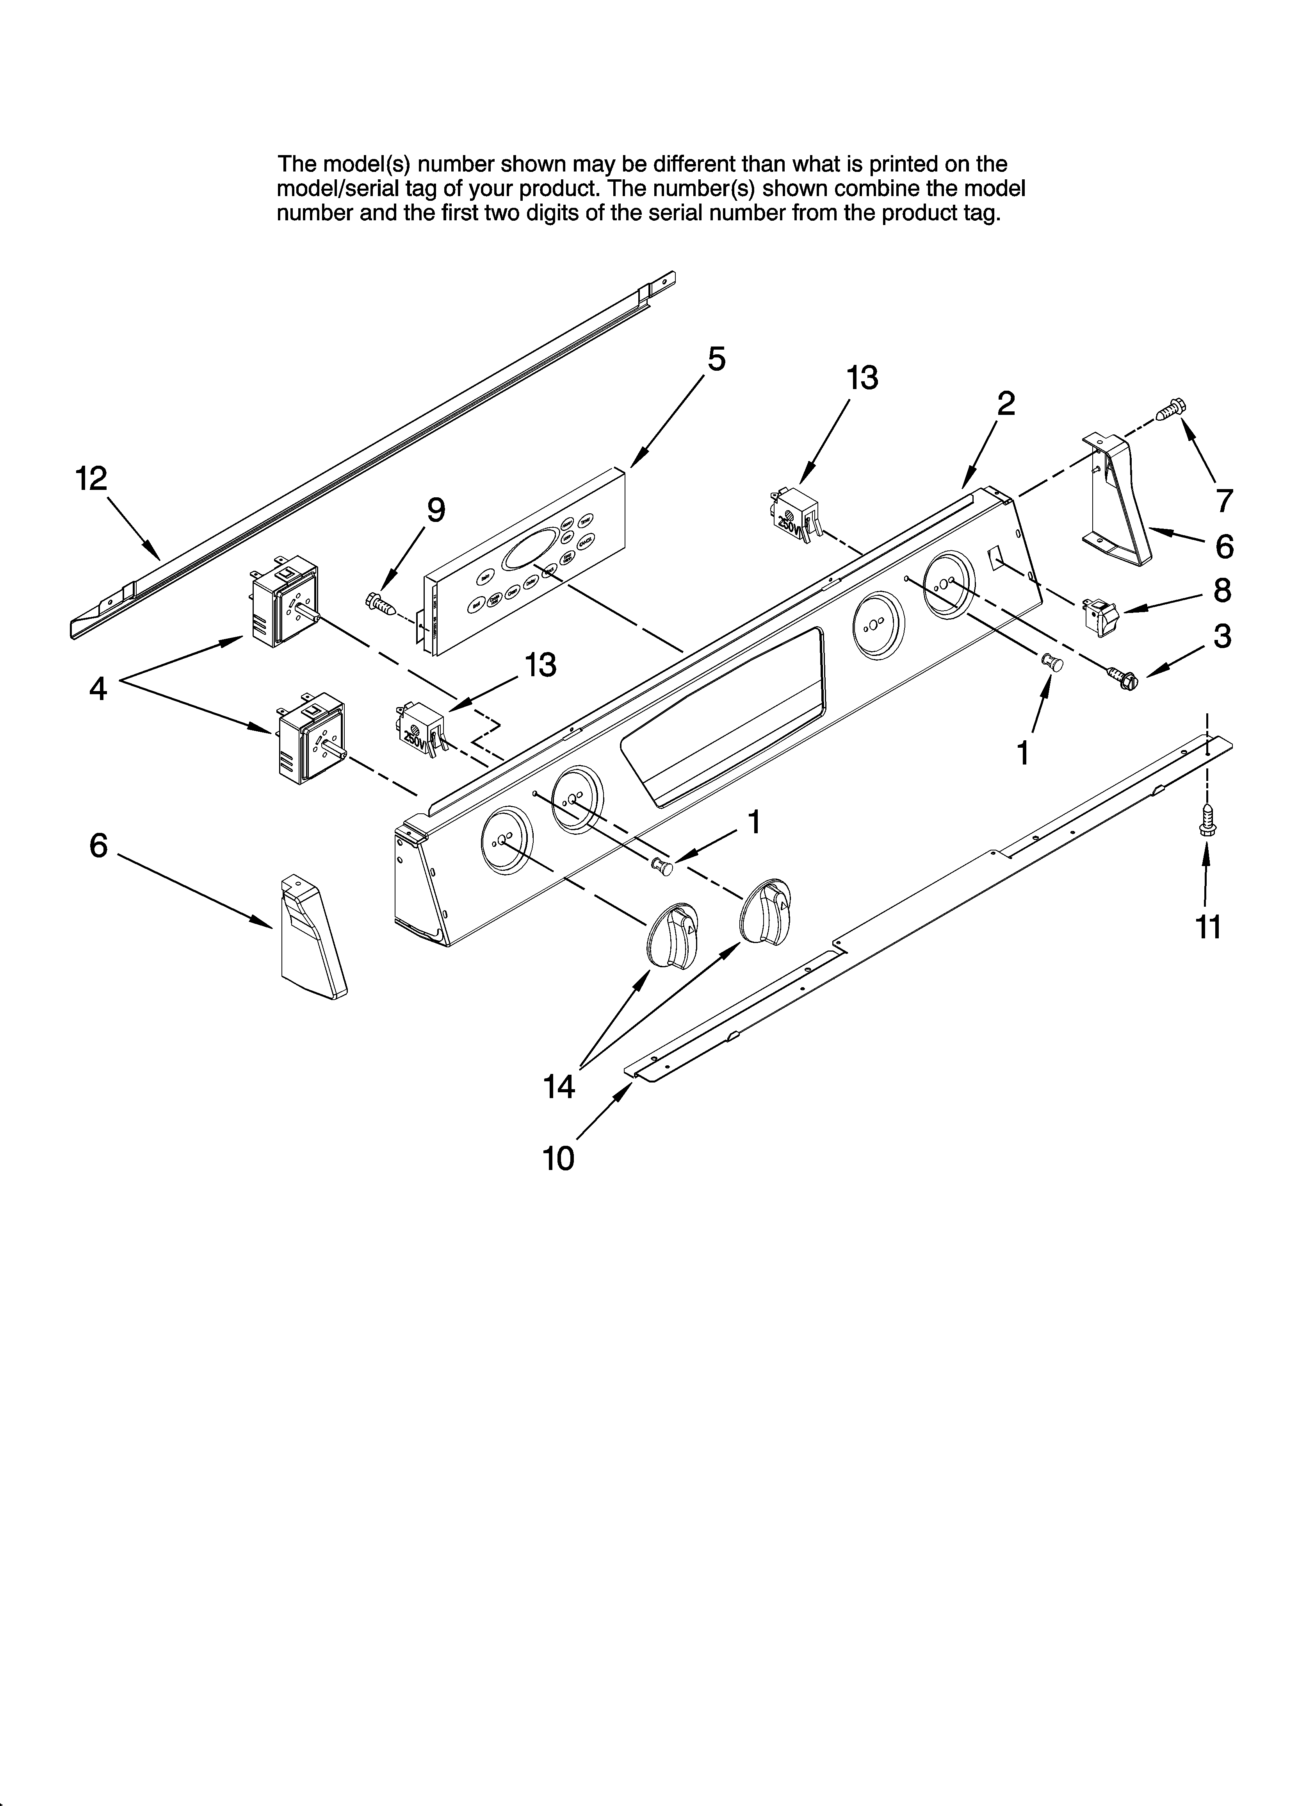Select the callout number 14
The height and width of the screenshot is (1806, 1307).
pos(559,1086)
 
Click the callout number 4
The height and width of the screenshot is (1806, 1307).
pos(98,688)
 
